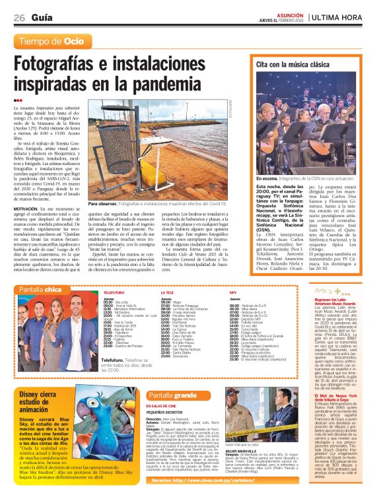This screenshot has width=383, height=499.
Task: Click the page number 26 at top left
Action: (20, 18)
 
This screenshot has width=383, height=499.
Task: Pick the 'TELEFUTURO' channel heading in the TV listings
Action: (114, 291)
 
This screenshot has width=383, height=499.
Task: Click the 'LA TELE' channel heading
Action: (166, 291)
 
